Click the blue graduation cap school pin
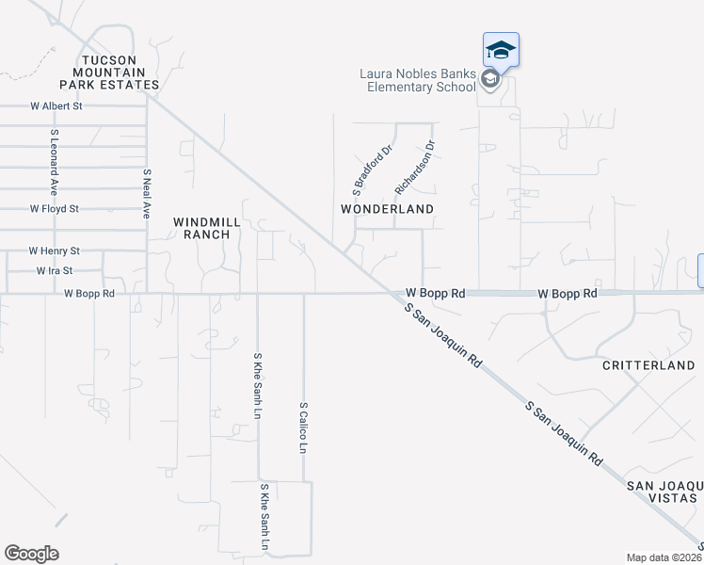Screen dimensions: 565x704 pos(501,50)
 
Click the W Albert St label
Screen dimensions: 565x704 pos(56,106)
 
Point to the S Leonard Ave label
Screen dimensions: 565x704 pos(55,153)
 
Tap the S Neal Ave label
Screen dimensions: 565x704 pos(147,194)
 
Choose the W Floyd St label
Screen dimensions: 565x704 pos(55,208)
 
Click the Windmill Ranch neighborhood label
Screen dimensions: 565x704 pos(201,228)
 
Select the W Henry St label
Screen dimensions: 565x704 pos(54,251)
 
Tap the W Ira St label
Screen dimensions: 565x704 pos(55,270)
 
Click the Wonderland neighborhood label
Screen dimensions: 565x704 pos(387,209)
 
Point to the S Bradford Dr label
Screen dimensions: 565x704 pos(371,166)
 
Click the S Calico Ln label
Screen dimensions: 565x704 pos(303,428)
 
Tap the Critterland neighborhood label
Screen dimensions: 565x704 pos(648,365)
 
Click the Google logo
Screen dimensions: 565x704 pos(31,554)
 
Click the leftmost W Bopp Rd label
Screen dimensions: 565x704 pos(89,294)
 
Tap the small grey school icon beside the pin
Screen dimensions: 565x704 pos(489,80)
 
